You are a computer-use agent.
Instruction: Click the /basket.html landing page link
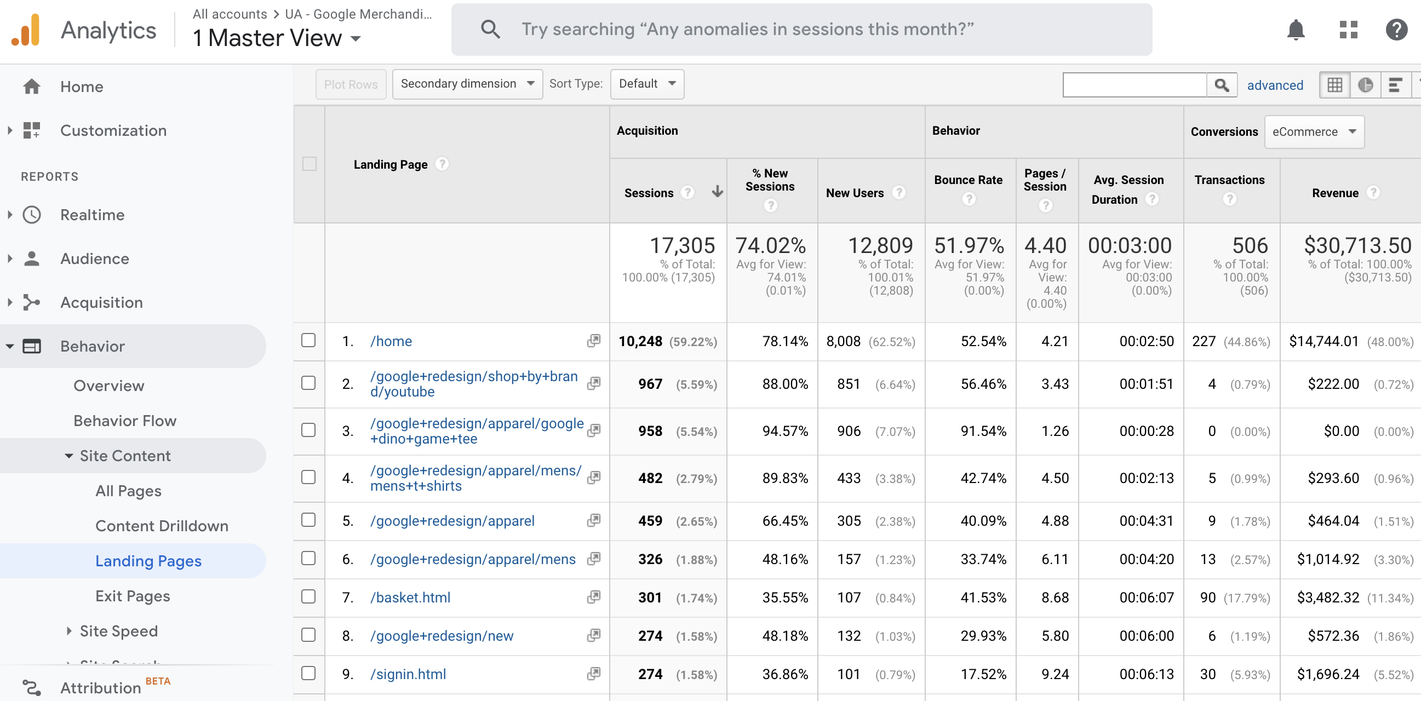point(410,597)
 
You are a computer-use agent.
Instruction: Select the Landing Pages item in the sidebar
point(148,561)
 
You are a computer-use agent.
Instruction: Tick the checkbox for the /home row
point(308,340)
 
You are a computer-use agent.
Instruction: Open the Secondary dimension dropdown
point(467,84)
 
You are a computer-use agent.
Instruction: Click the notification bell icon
point(1295,30)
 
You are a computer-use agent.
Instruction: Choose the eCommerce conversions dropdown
point(1314,132)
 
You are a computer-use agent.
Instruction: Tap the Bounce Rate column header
point(967,180)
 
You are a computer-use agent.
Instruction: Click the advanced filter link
point(1275,85)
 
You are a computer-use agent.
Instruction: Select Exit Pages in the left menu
point(133,596)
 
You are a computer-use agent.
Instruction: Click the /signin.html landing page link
point(408,674)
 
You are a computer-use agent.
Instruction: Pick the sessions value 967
point(650,384)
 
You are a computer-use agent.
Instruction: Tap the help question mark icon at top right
point(1396,30)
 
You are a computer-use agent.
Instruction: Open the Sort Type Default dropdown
point(646,84)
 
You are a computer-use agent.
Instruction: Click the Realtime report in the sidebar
point(92,215)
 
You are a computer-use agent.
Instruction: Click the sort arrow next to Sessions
point(717,191)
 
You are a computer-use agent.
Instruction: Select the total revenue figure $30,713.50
point(1357,245)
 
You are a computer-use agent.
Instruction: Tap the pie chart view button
point(1365,85)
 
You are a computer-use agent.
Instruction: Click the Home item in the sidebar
point(82,87)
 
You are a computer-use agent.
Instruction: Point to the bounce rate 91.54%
point(983,431)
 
